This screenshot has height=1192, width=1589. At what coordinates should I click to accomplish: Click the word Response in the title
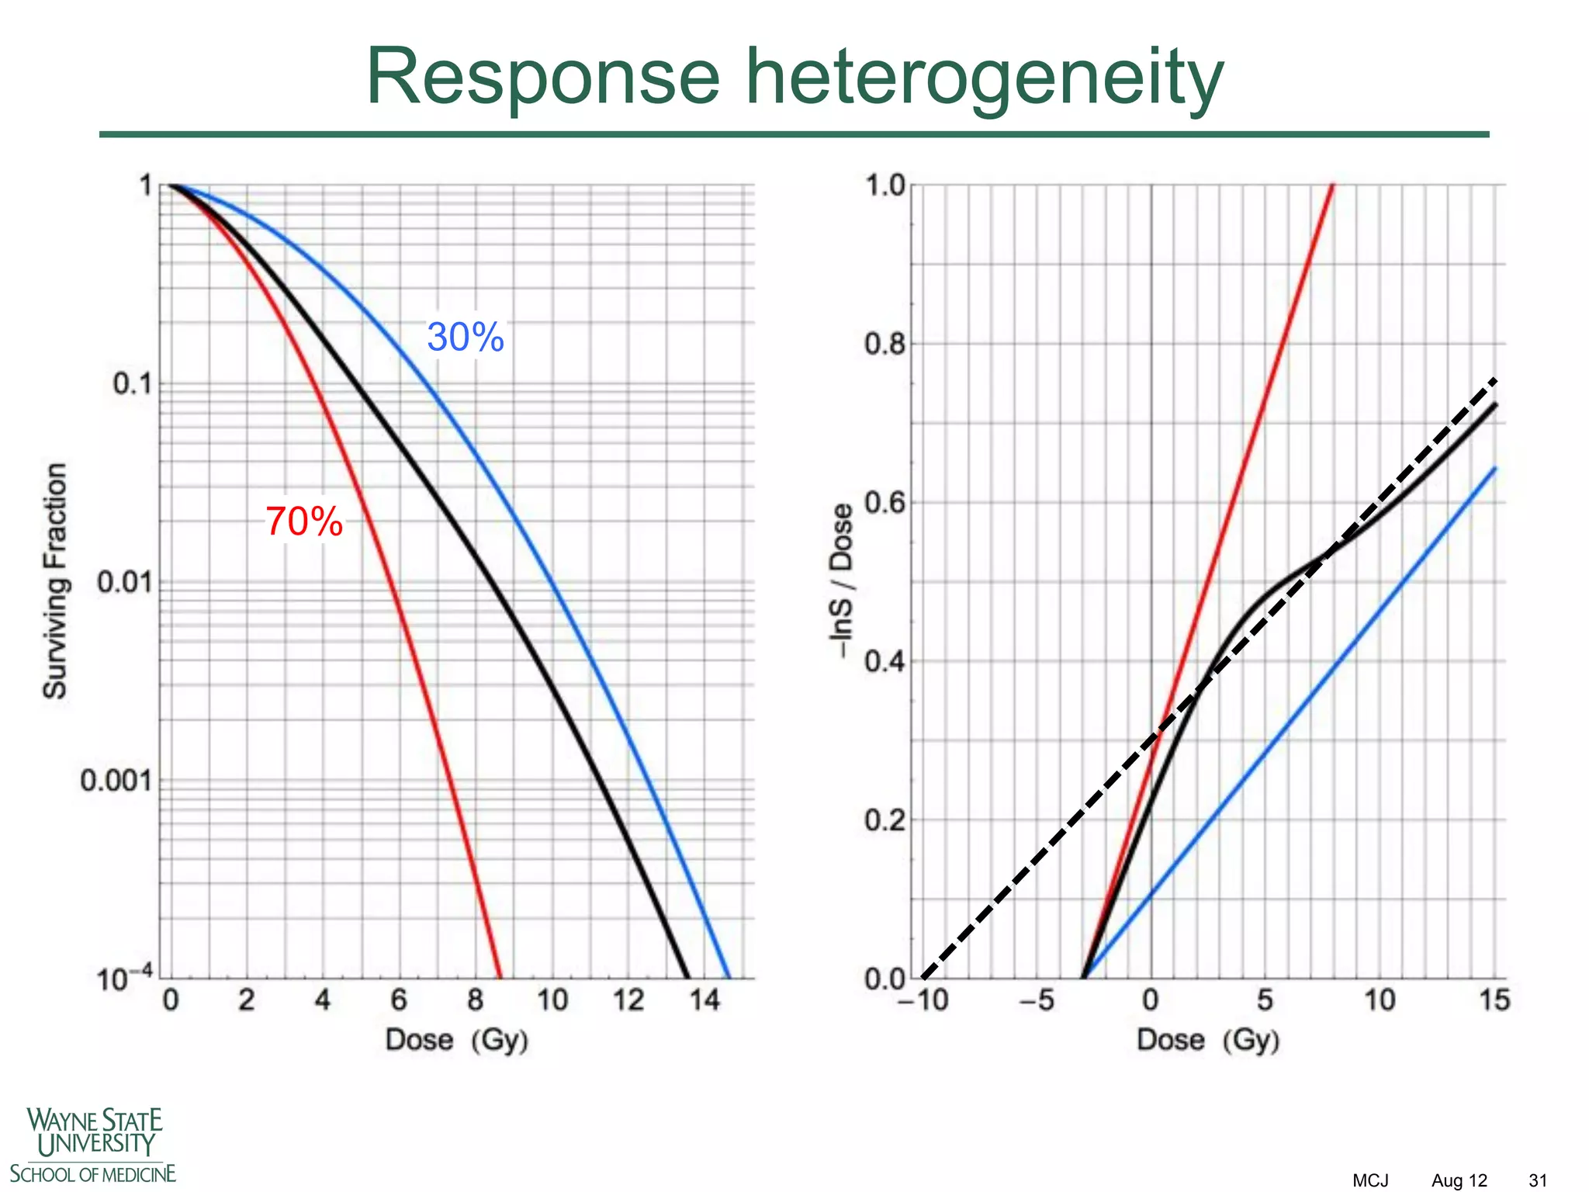pyautogui.click(x=543, y=78)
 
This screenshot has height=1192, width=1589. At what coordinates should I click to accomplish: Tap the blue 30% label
pyautogui.click(x=466, y=338)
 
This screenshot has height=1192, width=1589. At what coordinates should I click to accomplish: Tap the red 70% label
pyautogui.click(x=304, y=521)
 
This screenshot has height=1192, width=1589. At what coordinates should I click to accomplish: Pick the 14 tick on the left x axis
pyautogui.click(x=704, y=1000)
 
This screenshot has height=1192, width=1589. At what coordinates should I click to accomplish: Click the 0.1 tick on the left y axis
pyautogui.click(x=133, y=383)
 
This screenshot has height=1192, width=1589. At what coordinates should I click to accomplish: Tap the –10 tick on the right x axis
pyautogui.click(x=923, y=1000)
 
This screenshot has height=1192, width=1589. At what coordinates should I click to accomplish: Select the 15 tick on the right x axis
pyautogui.click(x=1494, y=1000)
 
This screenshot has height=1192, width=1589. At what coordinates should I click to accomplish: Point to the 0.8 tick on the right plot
pyautogui.click(x=885, y=343)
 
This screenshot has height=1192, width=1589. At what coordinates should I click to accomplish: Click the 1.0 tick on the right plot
pyautogui.click(x=885, y=185)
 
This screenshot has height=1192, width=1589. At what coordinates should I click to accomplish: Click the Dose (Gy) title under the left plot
pyautogui.click(x=457, y=1040)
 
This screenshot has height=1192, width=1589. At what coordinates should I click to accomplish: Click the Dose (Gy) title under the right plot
pyautogui.click(x=1208, y=1040)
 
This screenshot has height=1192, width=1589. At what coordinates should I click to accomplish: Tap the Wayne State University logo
pyautogui.click(x=93, y=1145)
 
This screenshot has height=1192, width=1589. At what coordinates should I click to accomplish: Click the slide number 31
pyautogui.click(x=1538, y=1180)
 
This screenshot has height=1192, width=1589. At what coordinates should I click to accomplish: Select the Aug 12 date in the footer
pyautogui.click(x=1459, y=1180)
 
